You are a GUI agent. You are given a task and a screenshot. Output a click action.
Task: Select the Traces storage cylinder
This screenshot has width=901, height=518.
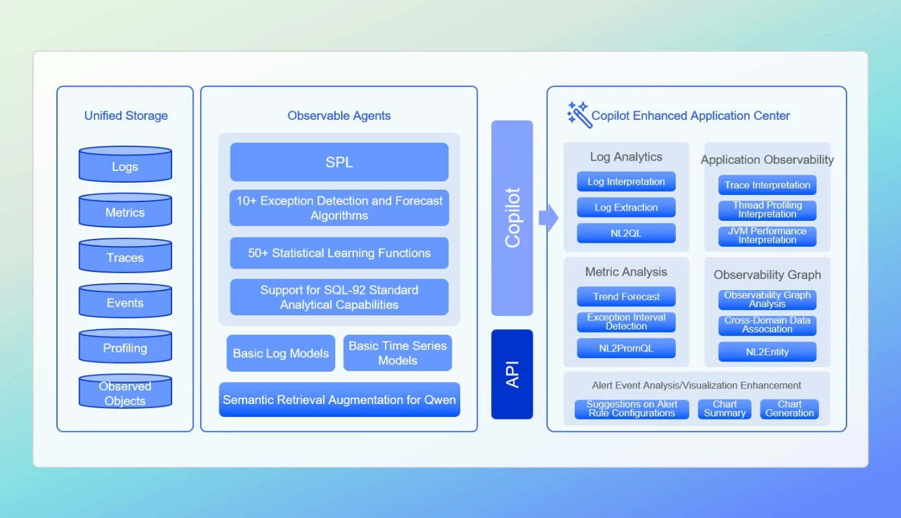pos(125,256)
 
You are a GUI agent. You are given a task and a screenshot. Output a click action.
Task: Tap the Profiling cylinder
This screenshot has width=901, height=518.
pos(125,346)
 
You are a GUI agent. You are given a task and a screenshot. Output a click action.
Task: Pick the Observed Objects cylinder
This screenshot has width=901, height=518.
pos(125,392)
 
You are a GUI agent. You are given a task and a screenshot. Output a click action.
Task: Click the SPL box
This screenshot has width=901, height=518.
pos(339,162)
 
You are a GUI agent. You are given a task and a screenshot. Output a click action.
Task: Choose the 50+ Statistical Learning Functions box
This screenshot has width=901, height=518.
pos(339,253)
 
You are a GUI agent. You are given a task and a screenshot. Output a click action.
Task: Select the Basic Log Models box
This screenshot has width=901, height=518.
pos(281,353)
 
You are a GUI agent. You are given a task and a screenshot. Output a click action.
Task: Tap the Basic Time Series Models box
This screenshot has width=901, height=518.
pos(397,353)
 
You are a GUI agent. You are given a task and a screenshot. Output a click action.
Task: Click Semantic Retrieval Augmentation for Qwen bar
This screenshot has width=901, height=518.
pos(339,400)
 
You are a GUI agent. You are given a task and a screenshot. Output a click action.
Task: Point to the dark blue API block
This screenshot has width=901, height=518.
pos(512,374)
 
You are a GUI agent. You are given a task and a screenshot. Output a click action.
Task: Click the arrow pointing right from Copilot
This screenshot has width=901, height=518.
pos(548,218)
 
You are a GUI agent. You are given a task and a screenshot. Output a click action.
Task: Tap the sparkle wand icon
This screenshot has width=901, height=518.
pos(579,115)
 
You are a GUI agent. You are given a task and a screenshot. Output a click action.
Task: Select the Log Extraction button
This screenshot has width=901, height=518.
pos(626,207)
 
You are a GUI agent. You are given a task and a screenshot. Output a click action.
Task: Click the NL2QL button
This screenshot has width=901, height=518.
pos(626,233)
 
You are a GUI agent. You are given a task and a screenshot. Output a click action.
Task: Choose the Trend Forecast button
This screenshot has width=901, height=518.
pos(626,297)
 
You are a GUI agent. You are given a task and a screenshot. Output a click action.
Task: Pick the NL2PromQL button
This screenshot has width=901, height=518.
pos(626,348)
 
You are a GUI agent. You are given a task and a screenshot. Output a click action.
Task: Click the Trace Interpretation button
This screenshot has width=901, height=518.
pos(767,185)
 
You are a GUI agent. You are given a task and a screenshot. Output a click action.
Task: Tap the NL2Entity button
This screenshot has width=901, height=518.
pos(767,352)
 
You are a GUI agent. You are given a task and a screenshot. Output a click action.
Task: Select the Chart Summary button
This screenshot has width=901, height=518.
pos(724,409)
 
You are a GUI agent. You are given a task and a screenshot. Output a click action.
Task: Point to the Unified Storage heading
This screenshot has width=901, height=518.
pos(126,116)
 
